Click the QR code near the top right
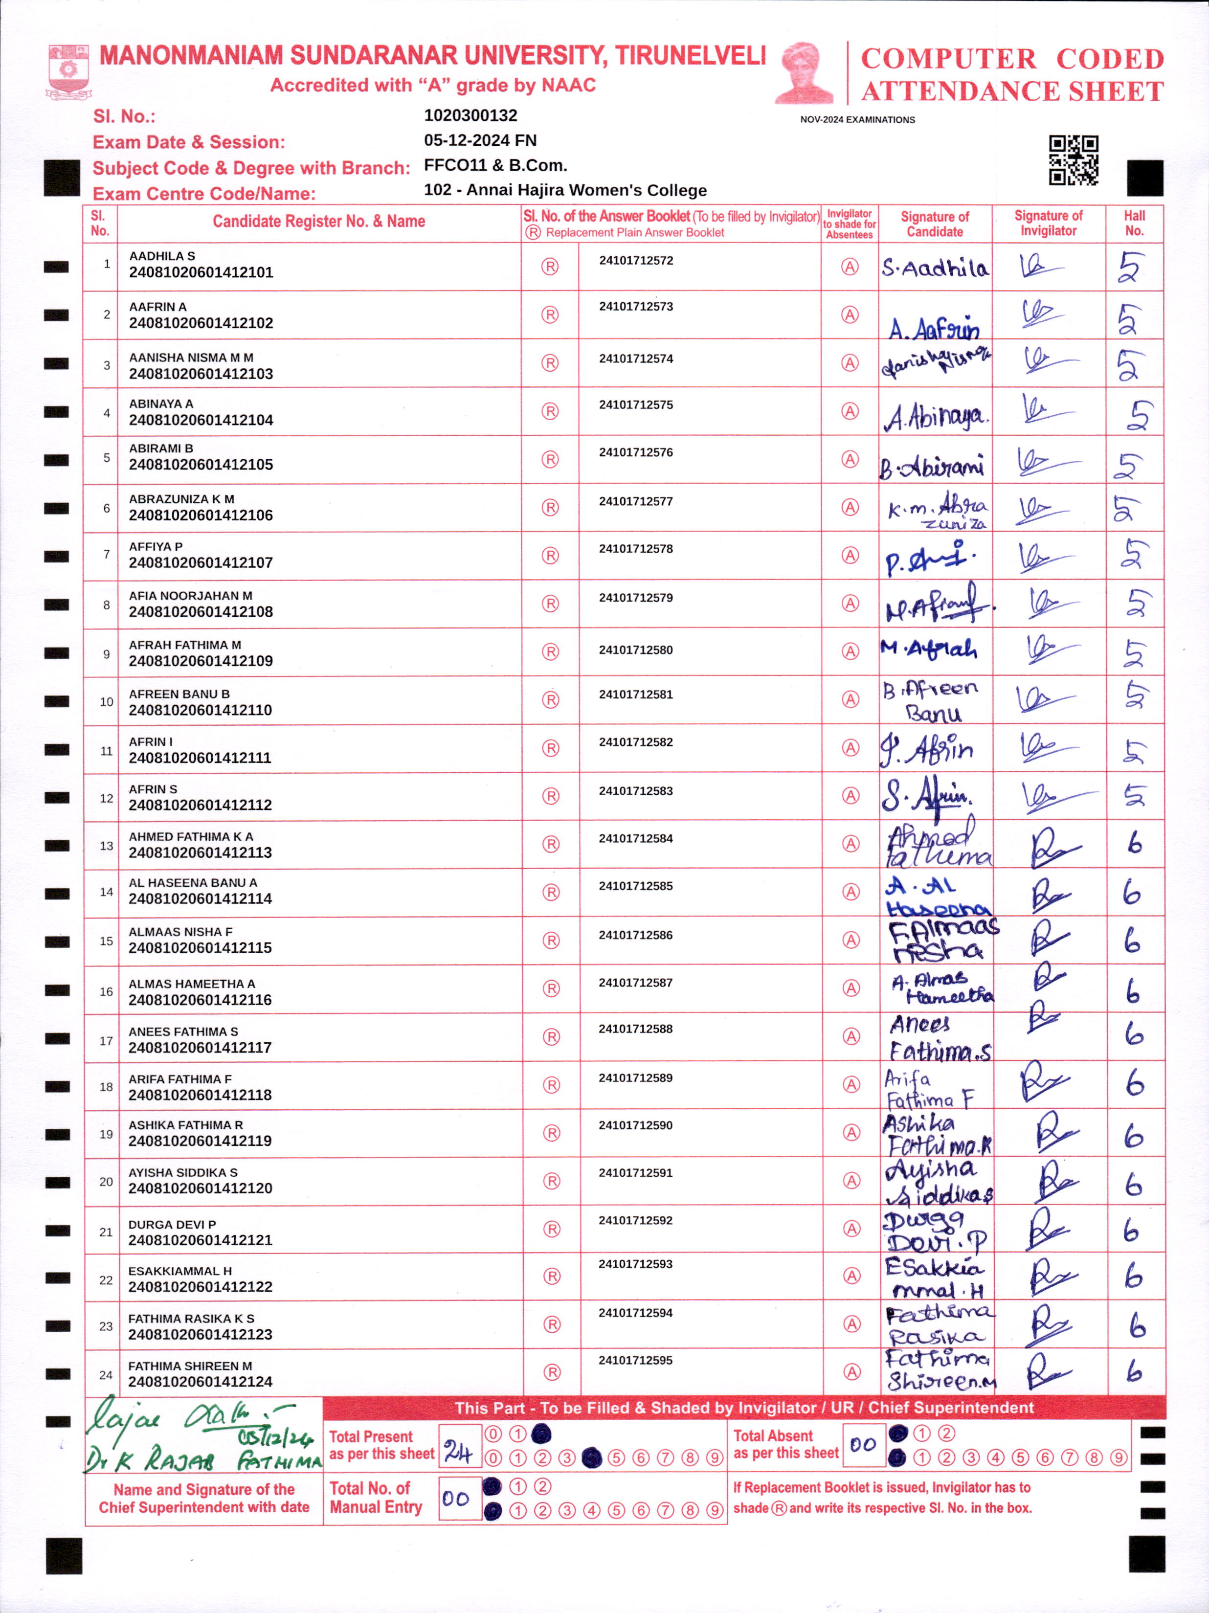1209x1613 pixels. tap(1074, 160)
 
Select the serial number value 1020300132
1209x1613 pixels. tap(470, 115)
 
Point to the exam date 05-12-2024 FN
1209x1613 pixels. tap(480, 140)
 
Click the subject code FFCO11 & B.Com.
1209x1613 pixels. tap(495, 165)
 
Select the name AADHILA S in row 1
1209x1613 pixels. tap(162, 256)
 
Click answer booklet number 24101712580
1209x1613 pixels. tap(636, 650)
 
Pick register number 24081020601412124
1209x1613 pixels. tap(200, 1382)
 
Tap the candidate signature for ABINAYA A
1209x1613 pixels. tap(936, 416)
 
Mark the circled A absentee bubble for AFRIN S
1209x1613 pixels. tap(850, 796)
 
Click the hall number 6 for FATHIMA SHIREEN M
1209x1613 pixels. tap(1134, 1371)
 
